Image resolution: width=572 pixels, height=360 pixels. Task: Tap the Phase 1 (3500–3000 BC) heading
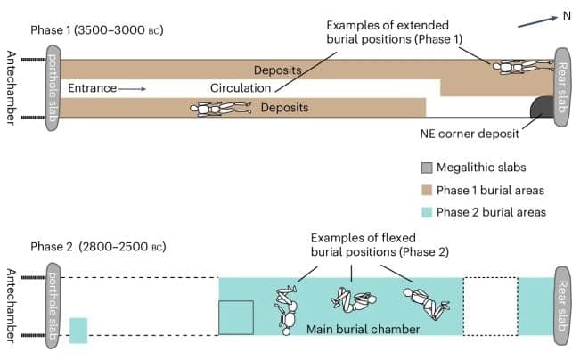point(97,30)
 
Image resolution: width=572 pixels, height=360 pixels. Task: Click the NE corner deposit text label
point(467,135)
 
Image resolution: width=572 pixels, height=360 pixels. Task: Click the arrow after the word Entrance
point(130,88)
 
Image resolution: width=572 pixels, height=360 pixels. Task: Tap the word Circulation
point(241,88)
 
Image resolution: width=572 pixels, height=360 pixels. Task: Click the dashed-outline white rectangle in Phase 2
point(490,306)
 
